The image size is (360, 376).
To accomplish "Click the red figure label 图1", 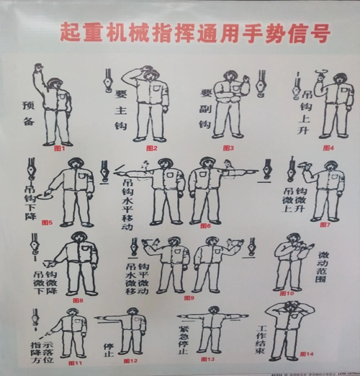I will point(59,150).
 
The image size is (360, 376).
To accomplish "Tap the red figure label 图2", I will point(150,148).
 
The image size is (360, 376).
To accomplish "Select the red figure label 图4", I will point(328,148).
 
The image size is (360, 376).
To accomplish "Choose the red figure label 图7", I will point(324,225).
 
